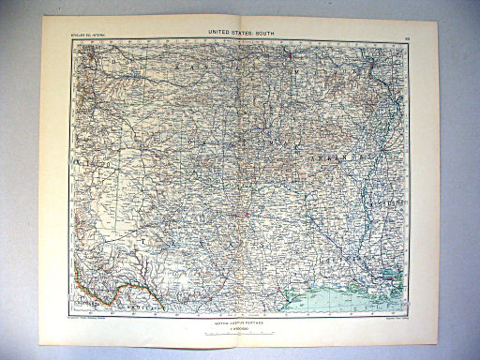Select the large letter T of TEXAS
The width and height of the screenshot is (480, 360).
click(143, 241)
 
